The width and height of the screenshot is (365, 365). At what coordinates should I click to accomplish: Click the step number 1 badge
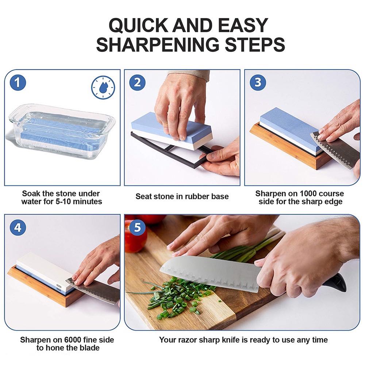18,82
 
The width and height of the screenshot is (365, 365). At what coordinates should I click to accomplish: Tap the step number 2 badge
137,82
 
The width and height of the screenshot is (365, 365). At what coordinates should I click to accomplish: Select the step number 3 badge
258,82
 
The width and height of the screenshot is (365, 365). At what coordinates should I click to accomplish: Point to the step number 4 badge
18,227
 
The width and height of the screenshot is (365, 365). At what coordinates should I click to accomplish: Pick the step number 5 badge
137,227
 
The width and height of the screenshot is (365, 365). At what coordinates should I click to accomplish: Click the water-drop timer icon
103,88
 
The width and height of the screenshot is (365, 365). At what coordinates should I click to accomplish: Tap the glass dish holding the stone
61,131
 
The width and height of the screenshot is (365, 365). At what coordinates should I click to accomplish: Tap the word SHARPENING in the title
158,44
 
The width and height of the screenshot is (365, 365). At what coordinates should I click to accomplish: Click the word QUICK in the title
138,25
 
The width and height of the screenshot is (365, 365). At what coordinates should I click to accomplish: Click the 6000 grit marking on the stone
59,286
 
